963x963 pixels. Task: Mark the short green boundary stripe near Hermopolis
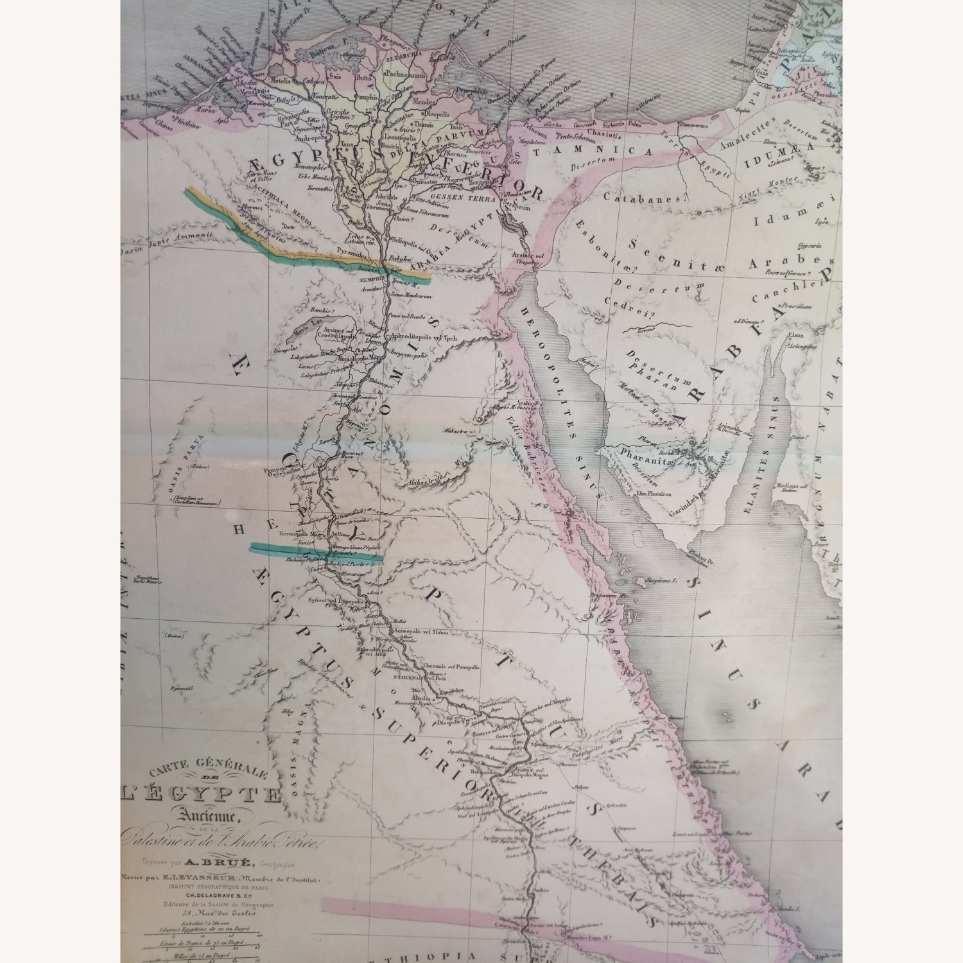tap(315, 551)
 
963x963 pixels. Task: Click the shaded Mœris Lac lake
tap(299, 333)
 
